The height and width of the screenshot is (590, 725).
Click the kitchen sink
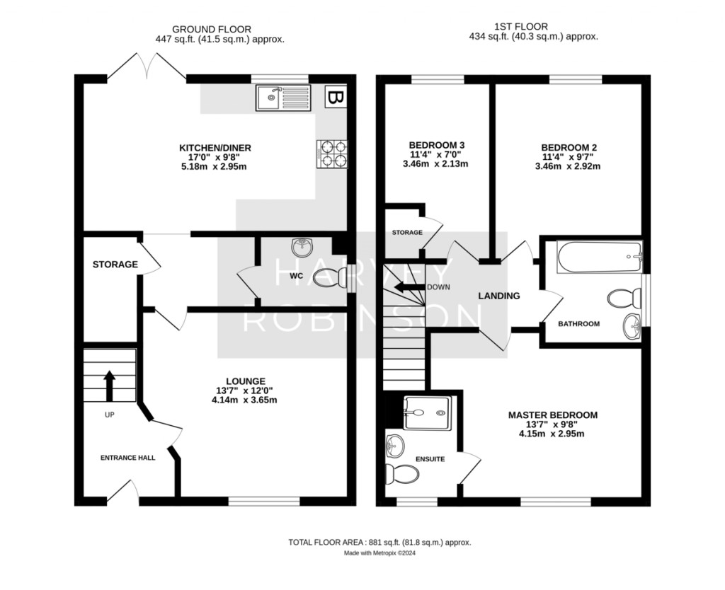tap(283, 98)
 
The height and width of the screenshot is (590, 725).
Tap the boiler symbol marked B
tap(336, 97)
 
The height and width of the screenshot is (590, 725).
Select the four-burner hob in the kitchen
tap(332, 154)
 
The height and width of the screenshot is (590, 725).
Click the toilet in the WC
tap(330, 279)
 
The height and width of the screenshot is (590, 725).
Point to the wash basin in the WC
tap(302, 247)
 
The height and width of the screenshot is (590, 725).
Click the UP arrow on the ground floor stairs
tap(110, 386)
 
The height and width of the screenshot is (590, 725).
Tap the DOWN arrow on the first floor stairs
tap(409, 287)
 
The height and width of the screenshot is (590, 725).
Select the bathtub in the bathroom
tap(600, 257)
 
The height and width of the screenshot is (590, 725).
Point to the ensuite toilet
tap(402, 474)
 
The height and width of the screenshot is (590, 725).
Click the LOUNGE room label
tap(246, 381)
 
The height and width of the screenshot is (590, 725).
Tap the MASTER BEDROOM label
tap(552, 415)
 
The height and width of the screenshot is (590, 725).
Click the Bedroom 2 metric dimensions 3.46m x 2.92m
tap(567, 166)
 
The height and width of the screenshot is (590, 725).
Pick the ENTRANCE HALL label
tap(127, 458)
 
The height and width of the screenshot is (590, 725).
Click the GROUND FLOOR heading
tap(212, 30)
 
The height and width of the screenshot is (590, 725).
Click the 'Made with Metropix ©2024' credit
tap(379, 553)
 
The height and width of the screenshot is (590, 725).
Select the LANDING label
tap(499, 296)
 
